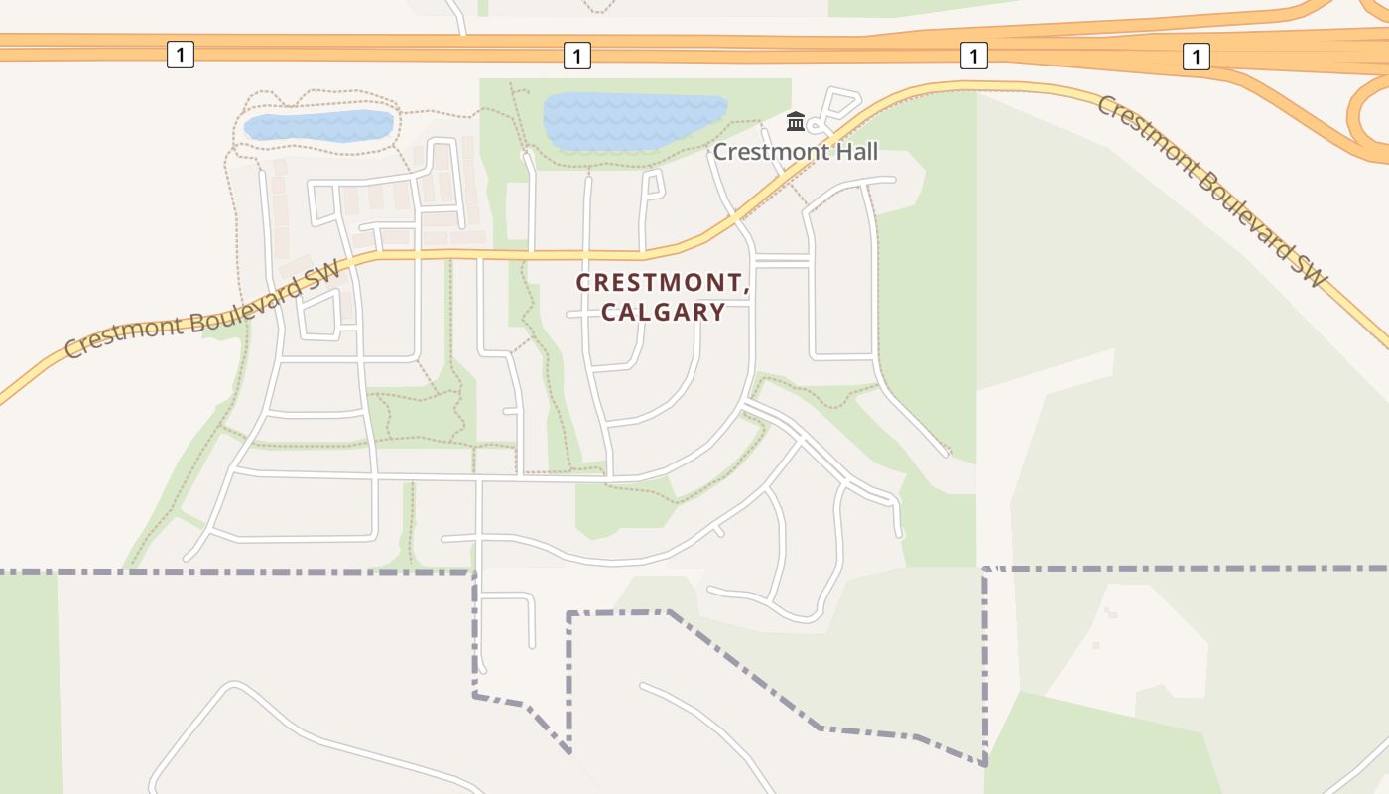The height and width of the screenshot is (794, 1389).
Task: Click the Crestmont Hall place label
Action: tap(796, 152)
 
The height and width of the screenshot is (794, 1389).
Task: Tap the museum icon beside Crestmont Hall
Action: tap(795, 122)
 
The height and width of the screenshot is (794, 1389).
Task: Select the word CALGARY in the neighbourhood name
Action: tap(663, 312)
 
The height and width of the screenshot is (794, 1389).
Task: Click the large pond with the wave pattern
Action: tap(635, 121)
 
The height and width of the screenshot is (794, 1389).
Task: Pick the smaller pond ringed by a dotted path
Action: tap(317, 126)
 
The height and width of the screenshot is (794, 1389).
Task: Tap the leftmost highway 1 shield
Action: tap(180, 55)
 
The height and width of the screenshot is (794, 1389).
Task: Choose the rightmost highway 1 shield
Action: tap(1197, 56)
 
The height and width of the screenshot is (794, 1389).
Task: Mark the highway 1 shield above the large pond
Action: tap(576, 55)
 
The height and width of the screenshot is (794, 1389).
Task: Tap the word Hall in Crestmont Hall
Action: tap(855, 152)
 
